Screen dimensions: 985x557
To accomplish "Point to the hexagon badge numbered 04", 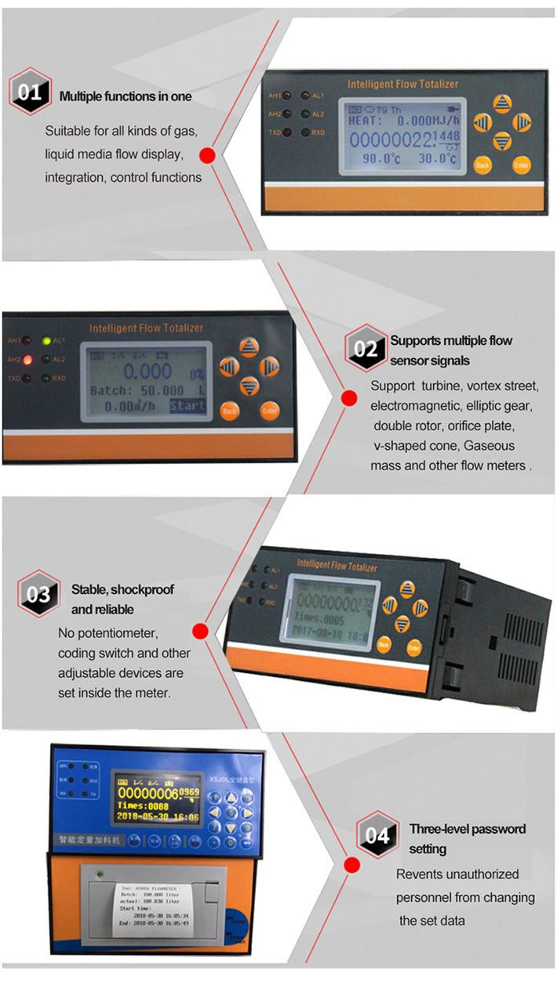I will pos(377,835).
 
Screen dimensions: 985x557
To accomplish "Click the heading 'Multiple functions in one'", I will pos(126,97).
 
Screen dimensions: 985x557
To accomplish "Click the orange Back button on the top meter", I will pos(482,165).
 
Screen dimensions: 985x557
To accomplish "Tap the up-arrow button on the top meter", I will pos(502,103).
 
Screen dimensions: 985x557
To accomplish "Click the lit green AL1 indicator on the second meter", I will pos(47,341).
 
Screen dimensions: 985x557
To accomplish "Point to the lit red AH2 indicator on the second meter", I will pos(27,360).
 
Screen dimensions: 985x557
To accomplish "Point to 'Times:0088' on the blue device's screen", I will pos(144,805).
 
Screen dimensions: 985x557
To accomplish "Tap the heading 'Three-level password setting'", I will pos(467,838).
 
